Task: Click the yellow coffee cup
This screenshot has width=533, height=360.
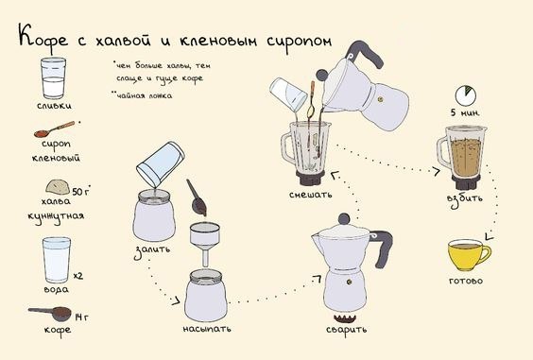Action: click(x=469, y=255)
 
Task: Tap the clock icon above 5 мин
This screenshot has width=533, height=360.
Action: click(x=466, y=95)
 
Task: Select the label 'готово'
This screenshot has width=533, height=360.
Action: click(x=466, y=281)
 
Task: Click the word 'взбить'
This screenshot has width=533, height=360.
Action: click(x=464, y=197)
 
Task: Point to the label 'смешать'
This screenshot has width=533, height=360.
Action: click(x=310, y=195)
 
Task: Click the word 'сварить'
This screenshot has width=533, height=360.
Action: click(x=346, y=330)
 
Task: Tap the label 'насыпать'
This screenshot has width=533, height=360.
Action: click(x=207, y=329)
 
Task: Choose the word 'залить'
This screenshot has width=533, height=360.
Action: click(x=151, y=251)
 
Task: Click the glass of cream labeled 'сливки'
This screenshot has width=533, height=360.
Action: click(x=53, y=78)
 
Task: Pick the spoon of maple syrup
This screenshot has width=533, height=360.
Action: click(x=54, y=129)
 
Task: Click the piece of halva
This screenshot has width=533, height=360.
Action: click(x=58, y=187)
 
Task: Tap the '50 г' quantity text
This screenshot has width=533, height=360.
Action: click(x=81, y=192)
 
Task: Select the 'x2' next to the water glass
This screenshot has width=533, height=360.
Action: click(x=78, y=275)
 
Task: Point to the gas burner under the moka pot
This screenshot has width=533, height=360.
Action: click(x=345, y=318)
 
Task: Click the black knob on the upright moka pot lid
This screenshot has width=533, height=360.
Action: click(x=344, y=218)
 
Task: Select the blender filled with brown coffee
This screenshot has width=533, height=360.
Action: click(x=462, y=157)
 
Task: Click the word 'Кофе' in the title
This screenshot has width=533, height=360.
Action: click(x=43, y=39)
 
